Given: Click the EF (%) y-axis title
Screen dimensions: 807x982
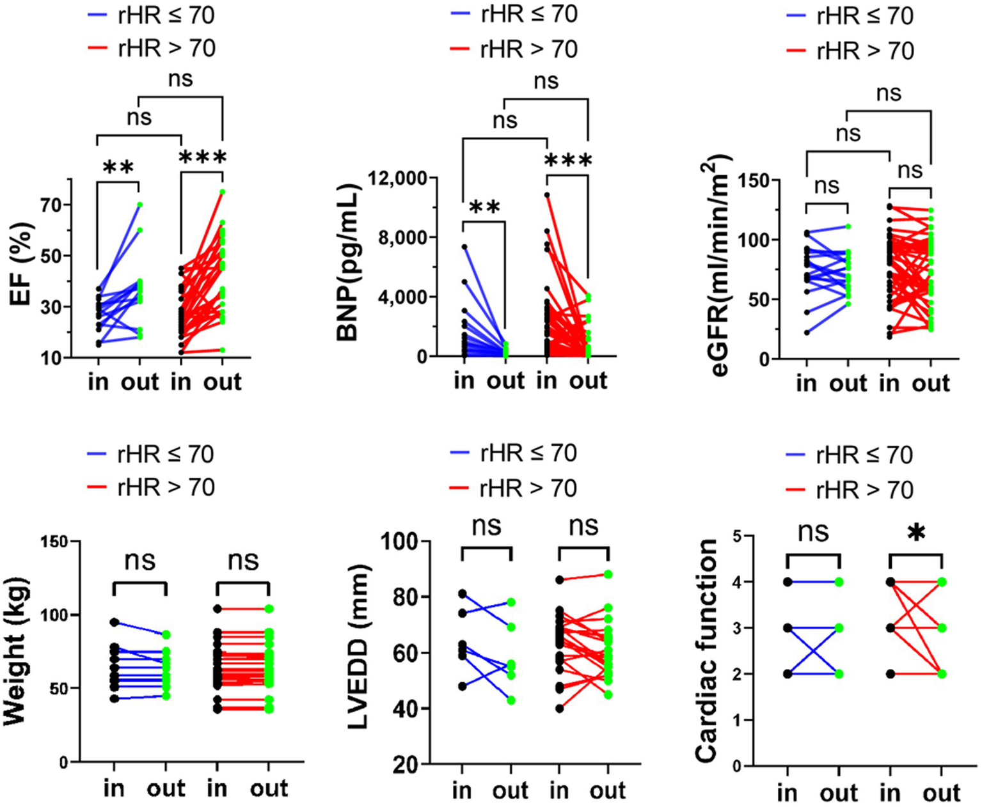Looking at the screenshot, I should point(21,264).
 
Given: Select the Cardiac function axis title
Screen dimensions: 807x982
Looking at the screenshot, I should point(706,651).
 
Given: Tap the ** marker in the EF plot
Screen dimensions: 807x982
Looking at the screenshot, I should point(118,168).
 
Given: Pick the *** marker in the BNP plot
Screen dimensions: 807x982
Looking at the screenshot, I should point(568,161).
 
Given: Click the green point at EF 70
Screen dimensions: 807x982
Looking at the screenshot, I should point(139,205).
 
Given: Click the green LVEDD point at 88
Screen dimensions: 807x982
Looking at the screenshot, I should point(608,574).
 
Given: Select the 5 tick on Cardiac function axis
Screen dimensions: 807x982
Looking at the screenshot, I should point(738,536).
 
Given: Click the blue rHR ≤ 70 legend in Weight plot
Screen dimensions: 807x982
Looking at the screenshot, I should point(151,455).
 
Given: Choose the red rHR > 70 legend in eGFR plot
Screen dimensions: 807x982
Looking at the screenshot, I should point(851,51).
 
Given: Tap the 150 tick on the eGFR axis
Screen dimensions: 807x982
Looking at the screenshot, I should point(753,181).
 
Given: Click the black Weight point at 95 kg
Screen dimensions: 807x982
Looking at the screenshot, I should point(115,622).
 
